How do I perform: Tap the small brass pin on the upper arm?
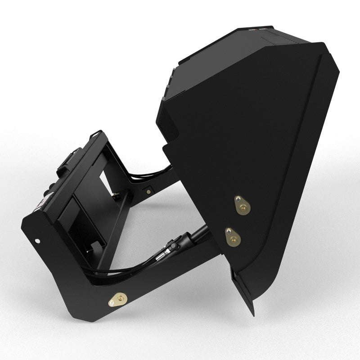coord(148,190)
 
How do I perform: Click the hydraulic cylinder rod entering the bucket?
coord(198,234)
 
